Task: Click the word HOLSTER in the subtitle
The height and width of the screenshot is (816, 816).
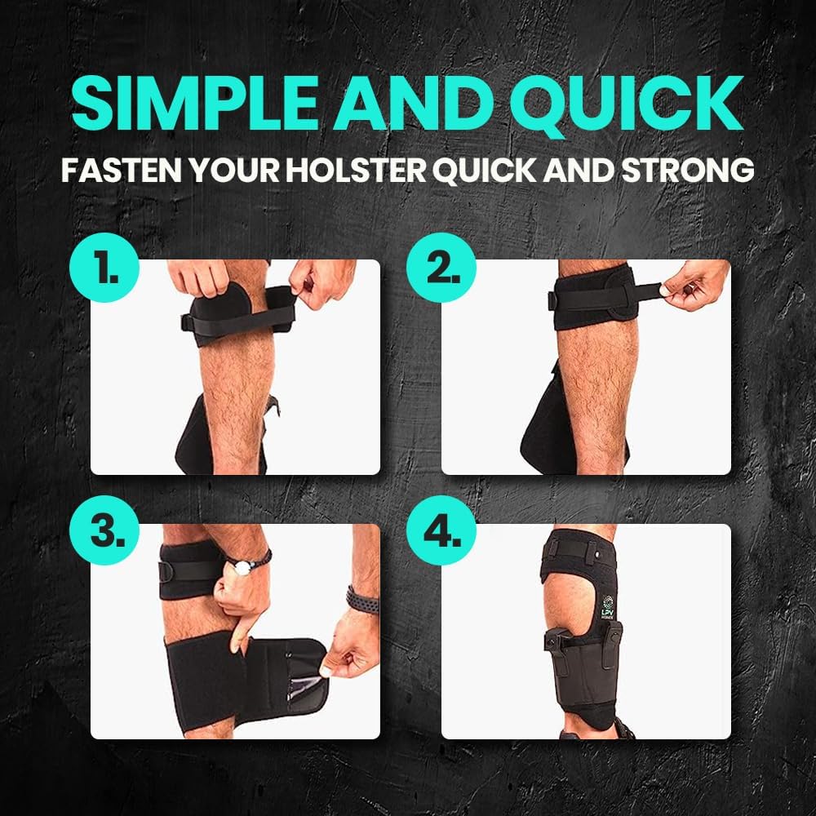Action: pyautogui.click(x=367, y=172)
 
